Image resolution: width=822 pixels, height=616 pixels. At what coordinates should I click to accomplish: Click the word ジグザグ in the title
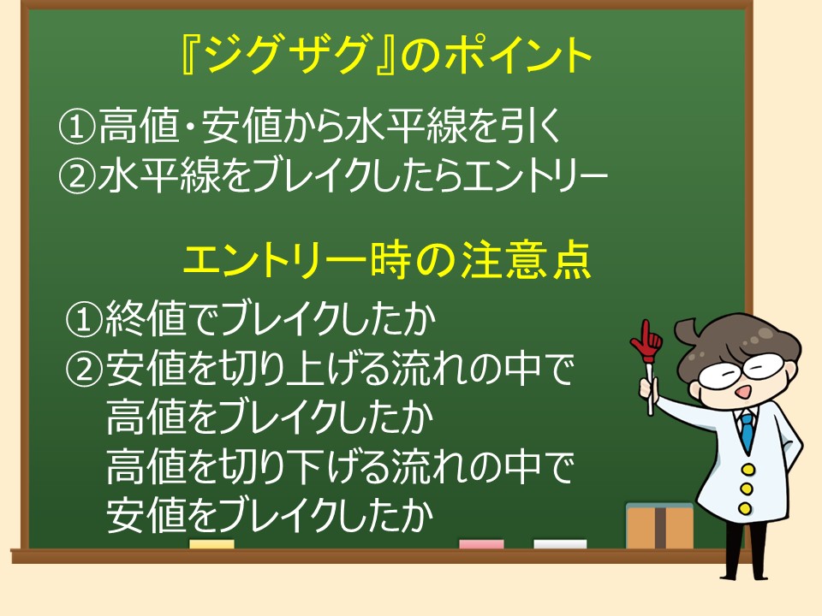[283, 55]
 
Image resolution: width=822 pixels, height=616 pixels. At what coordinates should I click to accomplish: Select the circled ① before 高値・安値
[77, 127]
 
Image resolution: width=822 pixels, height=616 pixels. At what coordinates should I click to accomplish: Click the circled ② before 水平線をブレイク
[77, 175]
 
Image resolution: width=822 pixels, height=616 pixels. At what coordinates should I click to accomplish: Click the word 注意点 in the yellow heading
[527, 260]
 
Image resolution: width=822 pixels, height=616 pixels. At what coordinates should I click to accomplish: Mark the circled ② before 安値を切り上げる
[83, 368]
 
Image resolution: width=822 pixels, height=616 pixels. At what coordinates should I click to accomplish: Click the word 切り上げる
[303, 368]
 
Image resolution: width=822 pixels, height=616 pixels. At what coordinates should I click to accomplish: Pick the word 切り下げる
[303, 465]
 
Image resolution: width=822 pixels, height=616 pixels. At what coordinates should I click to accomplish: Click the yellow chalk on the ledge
[211, 545]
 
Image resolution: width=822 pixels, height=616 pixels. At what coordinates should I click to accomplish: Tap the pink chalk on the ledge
[481, 545]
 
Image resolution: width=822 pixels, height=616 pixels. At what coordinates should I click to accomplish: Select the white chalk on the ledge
[560, 545]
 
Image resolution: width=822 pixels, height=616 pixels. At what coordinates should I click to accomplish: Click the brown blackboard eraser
[659, 526]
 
